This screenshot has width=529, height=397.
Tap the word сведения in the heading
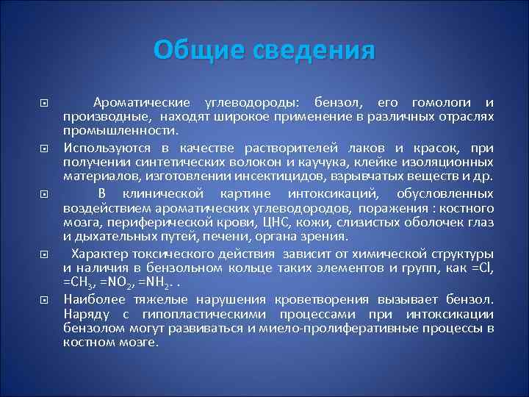(314, 50)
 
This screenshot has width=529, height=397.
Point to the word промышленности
(120, 131)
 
